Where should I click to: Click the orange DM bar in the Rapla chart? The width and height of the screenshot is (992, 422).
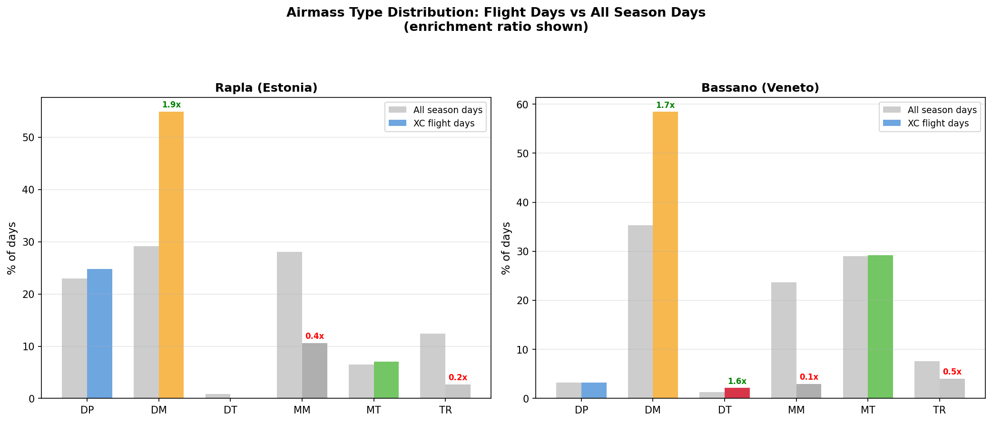171,255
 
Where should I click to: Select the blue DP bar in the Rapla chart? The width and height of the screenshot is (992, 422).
99,334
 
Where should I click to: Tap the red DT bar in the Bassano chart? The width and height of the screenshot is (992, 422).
737,393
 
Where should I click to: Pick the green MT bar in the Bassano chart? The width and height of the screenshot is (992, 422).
880,327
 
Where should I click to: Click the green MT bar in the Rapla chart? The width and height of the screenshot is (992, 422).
386,380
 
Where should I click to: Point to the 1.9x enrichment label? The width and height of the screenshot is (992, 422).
171,105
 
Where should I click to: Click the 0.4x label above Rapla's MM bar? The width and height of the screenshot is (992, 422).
314,336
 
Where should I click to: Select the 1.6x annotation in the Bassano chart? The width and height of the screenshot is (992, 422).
737,382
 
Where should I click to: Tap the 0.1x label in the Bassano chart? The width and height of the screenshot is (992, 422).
809,377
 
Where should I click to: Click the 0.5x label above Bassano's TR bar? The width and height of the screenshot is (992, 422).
952,372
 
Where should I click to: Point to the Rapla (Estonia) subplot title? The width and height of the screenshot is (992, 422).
266,88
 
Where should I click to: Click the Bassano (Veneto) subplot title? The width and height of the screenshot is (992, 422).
760,88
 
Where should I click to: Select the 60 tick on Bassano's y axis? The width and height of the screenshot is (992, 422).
523,105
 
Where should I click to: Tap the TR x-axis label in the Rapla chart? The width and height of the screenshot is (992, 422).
445,410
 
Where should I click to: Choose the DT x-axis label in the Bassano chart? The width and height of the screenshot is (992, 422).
725,410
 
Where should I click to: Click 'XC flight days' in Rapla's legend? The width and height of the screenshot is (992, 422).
443,124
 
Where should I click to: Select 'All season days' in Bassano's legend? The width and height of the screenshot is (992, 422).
942,110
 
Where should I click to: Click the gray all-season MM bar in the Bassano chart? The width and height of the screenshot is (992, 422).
784,340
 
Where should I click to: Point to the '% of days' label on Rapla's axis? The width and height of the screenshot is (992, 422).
12,248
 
